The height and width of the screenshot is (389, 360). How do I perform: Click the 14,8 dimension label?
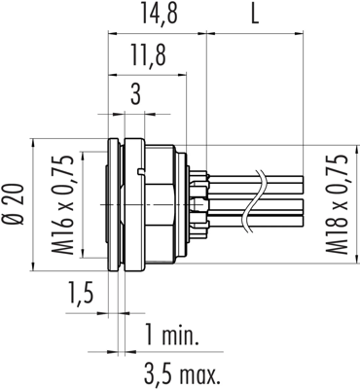[160, 15]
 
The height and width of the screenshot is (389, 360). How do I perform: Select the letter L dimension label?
[255, 15]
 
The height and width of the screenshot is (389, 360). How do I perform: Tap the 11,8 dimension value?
[148, 55]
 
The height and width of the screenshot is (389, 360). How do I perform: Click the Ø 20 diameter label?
[16, 204]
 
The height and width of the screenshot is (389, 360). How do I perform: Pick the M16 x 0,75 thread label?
[62, 205]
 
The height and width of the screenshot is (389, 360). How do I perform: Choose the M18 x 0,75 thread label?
[337, 204]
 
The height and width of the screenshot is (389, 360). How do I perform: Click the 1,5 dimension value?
[81, 292]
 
